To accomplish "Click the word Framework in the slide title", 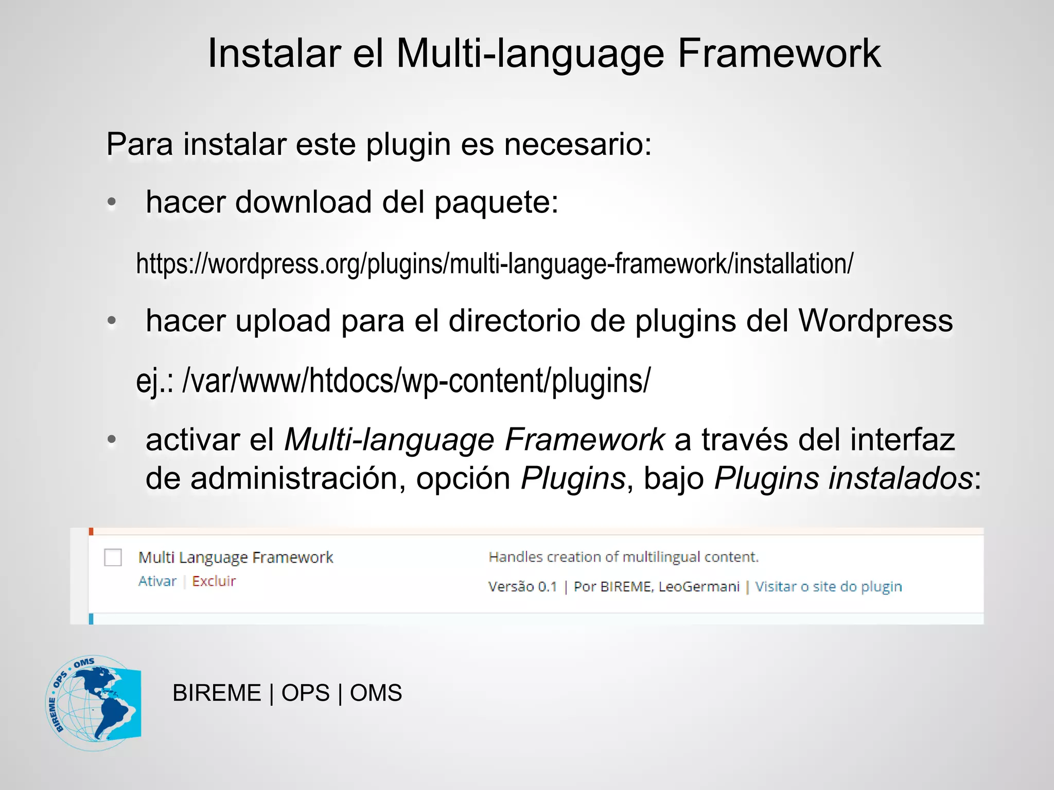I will coord(779,53).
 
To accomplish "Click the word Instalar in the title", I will coord(274,53).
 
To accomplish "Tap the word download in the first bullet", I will coord(303,202).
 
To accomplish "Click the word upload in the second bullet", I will coord(283,321).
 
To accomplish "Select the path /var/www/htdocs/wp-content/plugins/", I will coord(416,381).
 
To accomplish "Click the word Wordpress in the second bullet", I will coord(875,321).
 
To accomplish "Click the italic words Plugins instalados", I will coord(843,479).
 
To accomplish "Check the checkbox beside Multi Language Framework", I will coord(113,558).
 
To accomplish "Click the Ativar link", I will coord(157,581).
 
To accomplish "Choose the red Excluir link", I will coord(214,581).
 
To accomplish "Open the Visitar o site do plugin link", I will coord(828,587).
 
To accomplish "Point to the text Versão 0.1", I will coord(522,587).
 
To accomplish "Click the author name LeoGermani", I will coord(698,587).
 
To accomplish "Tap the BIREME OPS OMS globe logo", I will coord(94,703).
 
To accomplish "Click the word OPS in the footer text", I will coord(305,693).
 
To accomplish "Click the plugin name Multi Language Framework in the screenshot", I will coord(236,558).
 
